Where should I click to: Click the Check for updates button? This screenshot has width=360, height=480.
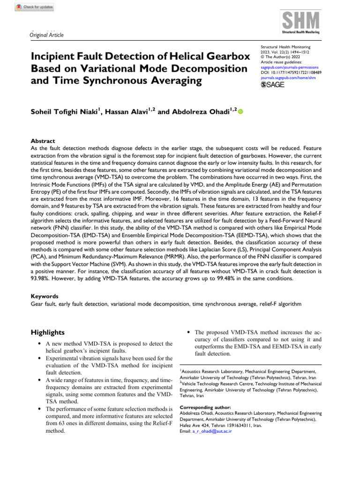[x=35, y=7]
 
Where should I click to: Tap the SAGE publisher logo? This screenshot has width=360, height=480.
[x=273, y=85]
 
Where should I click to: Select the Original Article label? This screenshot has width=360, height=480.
[x=46, y=35]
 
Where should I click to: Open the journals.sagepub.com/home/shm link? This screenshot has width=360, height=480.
[x=288, y=77]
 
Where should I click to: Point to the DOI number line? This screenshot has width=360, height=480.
[x=291, y=73]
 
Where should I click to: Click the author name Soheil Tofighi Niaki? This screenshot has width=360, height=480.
[x=64, y=112]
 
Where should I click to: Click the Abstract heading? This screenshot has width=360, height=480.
[x=43, y=141]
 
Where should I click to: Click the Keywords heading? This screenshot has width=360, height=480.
[x=45, y=296]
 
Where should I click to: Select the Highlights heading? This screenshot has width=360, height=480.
[x=48, y=332]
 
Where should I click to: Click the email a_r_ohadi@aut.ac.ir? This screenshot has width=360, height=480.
[x=212, y=431]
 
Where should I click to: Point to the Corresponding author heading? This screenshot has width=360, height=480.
[x=205, y=407]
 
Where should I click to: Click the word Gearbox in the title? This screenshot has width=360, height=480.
[x=221, y=56]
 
